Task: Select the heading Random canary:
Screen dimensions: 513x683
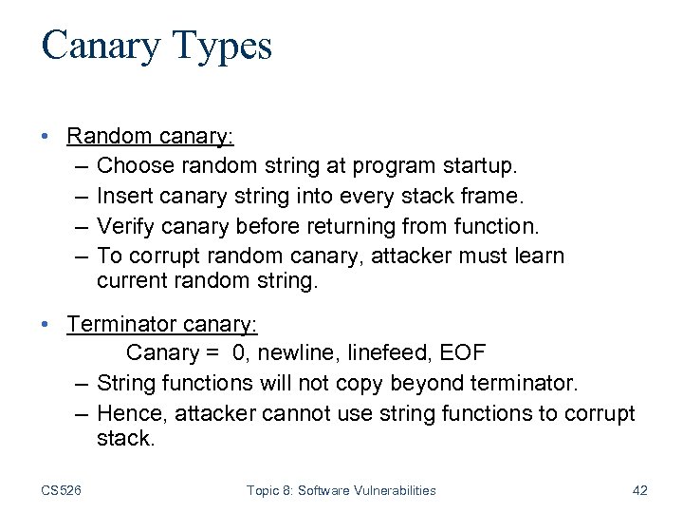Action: click(x=150, y=136)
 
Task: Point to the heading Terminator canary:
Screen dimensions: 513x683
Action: click(x=161, y=325)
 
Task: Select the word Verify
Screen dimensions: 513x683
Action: click(x=125, y=227)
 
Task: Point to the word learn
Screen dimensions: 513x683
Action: click(x=541, y=256)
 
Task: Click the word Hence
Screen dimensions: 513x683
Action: click(x=126, y=413)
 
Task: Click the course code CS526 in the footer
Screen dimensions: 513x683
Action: click(x=62, y=490)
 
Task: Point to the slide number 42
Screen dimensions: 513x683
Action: click(x=639, y=490)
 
